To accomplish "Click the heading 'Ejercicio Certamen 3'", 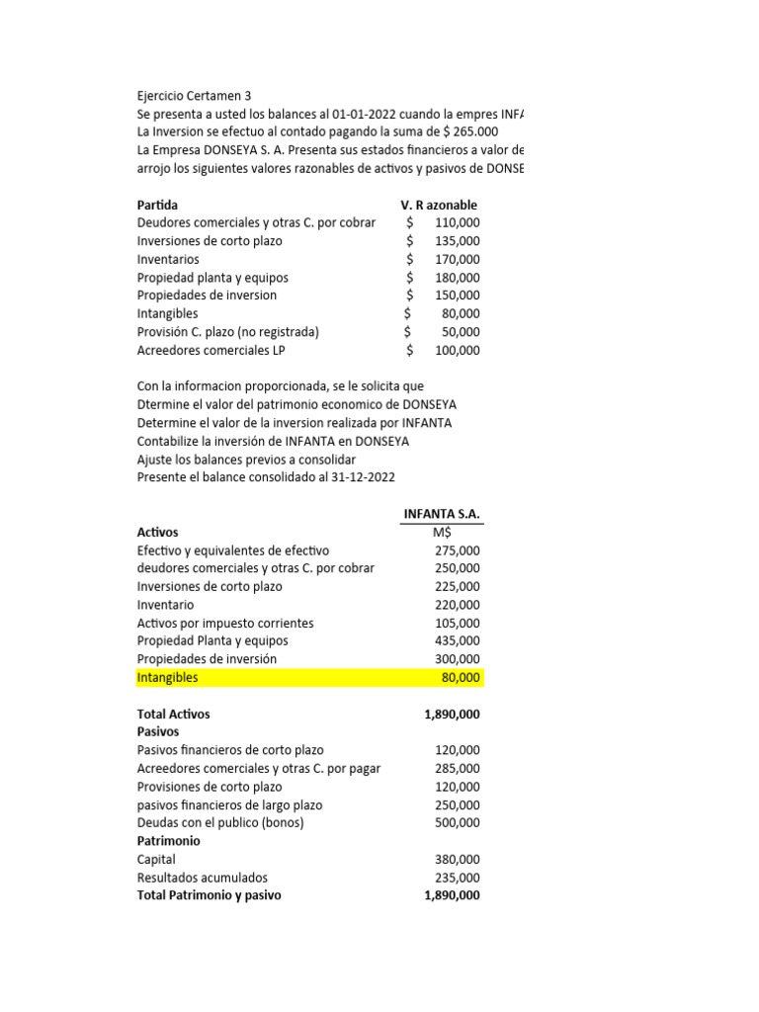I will (194, 96).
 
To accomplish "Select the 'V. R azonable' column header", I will (439, 205).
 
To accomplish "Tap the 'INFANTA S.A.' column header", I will (442, 514).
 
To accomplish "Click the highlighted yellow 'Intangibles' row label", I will (167, 677).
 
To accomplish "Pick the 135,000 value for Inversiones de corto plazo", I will (457, 241).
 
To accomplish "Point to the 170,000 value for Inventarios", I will (457, 259).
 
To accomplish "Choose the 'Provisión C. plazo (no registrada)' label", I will (228, 332).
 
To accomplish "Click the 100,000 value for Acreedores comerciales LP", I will (457, 350).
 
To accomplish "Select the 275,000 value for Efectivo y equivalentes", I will (457, 550).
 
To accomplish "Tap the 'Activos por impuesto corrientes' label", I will (225, 623).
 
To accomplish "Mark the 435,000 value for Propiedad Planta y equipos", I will (457, 641).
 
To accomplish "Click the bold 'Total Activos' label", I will (173, 714).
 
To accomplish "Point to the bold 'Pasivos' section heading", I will (158, 731).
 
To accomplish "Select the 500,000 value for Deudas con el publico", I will (457, 822).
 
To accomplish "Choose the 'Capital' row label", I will (156, 860).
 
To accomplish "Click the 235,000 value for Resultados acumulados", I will (457, 878).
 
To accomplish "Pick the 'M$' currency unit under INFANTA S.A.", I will (442, 533).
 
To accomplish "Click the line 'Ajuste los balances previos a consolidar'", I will (246, 460).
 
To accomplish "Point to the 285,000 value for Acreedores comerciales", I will (457, 768).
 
